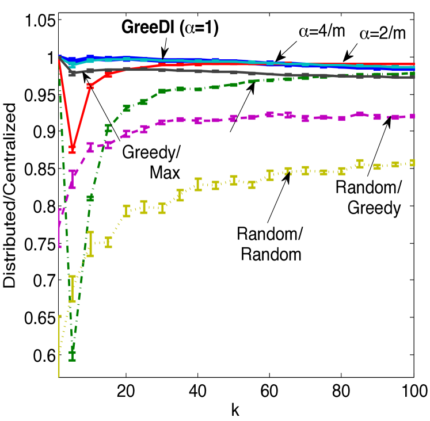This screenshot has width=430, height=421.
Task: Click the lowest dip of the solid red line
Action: click(x=72, y=148)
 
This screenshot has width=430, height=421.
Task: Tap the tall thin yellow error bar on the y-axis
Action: click(x=59, y=345)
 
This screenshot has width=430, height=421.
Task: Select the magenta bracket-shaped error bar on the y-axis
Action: click(x=60, y=228)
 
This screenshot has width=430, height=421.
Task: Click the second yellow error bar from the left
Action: click(x=72, y=289)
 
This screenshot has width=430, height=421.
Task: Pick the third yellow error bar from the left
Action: click(x=90, y=244)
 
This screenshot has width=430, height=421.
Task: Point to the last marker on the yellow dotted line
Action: click(x=412, y=163)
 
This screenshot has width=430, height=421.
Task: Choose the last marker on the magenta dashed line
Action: click(x=412, y=116)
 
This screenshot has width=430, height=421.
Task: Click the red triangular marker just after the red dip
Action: click(x=90, y=86)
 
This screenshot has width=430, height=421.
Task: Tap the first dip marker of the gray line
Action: click(x=72, y=73)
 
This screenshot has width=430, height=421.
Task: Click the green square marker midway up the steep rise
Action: click(x=90, y=198)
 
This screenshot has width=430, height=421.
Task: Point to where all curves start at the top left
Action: click(x=59, y=57)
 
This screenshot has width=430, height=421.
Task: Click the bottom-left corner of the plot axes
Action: click(x=59, y=377)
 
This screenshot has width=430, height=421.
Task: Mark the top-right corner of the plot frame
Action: click(x=414, y=13)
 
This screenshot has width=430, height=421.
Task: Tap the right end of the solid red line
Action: click(x=413, y=64)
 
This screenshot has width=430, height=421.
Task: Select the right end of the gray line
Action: click(x=413, y=77)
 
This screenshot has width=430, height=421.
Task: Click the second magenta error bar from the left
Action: click(x=72, y=179)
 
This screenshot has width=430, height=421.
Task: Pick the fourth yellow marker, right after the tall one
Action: click(x=108, y=242)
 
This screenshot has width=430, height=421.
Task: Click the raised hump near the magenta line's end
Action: click(x=360, y=114)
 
